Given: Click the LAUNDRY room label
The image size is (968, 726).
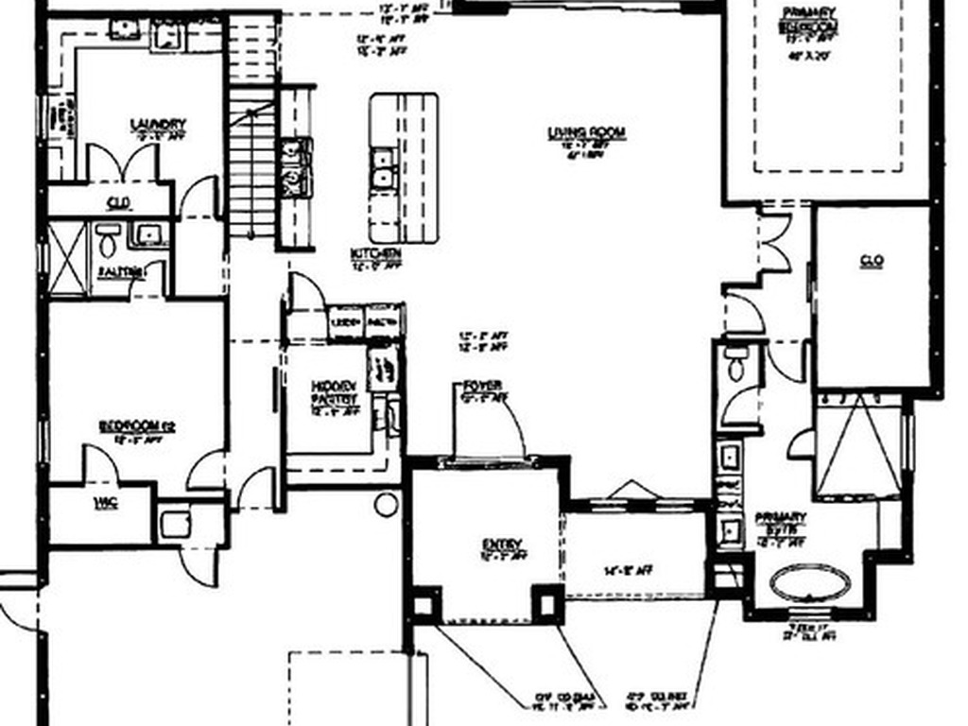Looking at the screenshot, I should pos(157,124).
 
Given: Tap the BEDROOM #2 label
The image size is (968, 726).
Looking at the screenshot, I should pos(137,426).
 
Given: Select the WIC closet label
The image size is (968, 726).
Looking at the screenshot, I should pos(106,503).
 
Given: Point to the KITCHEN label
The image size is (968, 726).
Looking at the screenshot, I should pos(375,254).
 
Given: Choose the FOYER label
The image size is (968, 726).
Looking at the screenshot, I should pos(481,386).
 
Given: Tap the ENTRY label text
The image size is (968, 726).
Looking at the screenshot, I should pos(502,544).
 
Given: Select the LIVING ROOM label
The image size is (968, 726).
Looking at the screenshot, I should pos(587,133).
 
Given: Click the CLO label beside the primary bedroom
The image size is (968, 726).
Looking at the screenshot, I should pos(871,261).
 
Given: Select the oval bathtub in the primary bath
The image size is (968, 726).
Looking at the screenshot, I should pos(810,582).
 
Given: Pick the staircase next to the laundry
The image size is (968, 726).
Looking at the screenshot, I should pos(252,161).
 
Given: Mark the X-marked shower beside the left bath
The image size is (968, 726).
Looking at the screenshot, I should pos(66,257).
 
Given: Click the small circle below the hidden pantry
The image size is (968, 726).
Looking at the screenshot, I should pos(386,504).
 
